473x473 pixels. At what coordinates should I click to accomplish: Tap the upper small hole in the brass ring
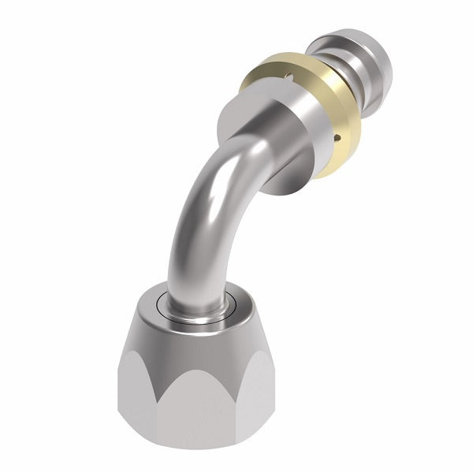(289, 77)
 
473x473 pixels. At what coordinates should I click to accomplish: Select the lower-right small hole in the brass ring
(340, 137)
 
